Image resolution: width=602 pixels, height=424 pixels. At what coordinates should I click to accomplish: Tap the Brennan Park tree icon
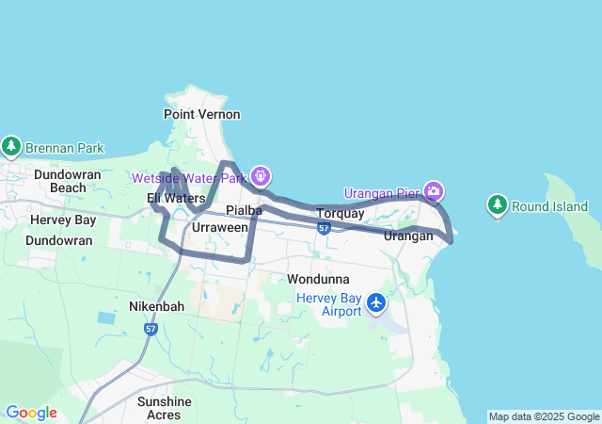pos(11,147)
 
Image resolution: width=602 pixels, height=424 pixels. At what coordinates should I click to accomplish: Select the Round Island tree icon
pos(497,204)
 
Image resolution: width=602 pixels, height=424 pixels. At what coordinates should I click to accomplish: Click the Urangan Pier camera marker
pos(434,191)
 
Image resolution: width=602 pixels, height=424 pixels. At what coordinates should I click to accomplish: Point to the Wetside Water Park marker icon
pos(261,175)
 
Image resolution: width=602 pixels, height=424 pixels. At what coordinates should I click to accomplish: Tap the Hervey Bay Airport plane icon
pos(377,302)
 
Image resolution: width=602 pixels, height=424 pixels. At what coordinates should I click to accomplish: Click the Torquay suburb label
pos(340,214)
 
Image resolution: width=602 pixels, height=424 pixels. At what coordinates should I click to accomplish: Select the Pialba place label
pos(243,209)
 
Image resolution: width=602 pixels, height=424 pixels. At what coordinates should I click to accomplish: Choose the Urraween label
pos(220,228)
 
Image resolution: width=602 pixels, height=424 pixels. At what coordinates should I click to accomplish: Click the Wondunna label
pos(318,279)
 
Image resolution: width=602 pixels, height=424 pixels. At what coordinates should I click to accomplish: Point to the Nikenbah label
pos(156,306)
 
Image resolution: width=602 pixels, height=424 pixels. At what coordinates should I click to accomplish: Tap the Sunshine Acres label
pos(165,407)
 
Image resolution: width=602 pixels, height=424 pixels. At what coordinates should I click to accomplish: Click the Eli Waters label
pos(176,198)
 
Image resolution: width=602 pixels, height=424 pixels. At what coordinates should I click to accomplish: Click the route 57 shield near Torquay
pos(324,228)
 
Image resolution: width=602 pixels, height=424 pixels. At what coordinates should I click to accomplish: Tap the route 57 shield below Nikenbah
pos(150,329)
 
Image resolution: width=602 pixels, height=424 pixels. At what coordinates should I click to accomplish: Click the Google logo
pos(31,413)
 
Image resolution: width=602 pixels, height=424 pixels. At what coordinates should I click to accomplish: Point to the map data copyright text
pos(544,416)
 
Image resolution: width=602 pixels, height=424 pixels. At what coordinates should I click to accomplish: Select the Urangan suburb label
pos(408,236)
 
